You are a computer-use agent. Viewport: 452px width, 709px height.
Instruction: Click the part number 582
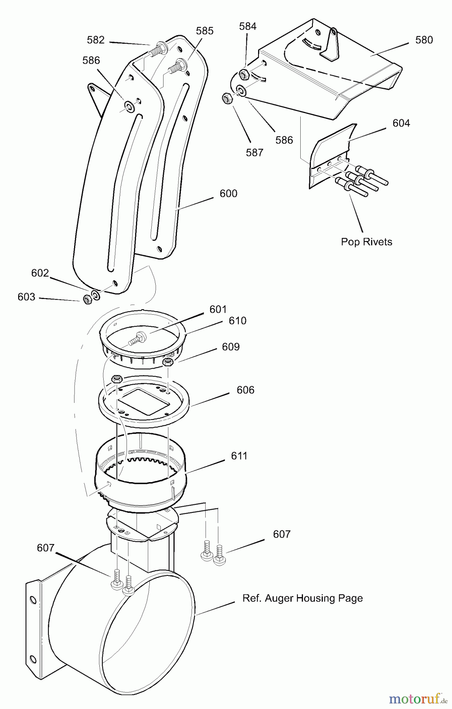point(96,40)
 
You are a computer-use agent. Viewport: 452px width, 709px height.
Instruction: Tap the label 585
point(205,31)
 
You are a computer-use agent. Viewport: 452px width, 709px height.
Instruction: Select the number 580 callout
point(424,40)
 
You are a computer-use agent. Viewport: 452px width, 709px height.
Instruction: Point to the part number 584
point(247,26)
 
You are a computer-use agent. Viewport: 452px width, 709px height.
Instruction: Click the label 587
point(254,152)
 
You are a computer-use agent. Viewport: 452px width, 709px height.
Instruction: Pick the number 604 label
point(401,123)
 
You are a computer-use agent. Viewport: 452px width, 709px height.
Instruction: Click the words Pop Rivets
point(366,241)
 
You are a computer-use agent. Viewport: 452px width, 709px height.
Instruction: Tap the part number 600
point(229,193)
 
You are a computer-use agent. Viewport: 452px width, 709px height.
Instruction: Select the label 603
point(26,297)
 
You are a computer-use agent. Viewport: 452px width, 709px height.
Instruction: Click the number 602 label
point(40,273)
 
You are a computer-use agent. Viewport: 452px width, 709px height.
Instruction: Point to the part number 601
point(218,309)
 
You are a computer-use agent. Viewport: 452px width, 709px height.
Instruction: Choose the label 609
point(231,347)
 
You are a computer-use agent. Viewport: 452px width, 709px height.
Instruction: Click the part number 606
point(246,390)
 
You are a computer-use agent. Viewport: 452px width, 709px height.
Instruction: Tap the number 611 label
point(239,456)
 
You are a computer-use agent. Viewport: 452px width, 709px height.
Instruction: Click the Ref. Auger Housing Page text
point(302,598)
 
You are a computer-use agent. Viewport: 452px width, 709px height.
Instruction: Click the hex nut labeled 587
point(227,98)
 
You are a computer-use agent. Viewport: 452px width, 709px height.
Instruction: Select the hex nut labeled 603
point(88,299)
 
